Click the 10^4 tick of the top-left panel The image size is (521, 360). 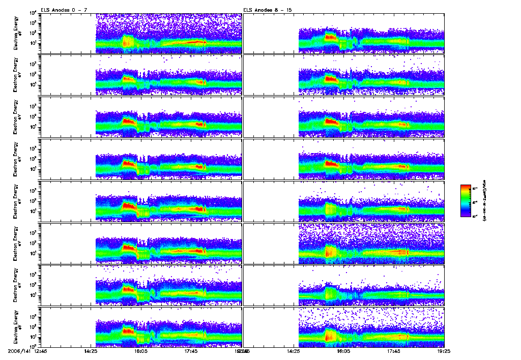coord(33,13)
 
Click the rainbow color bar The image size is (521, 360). coord(465,200)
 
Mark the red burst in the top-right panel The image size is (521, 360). coord(331,37)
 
